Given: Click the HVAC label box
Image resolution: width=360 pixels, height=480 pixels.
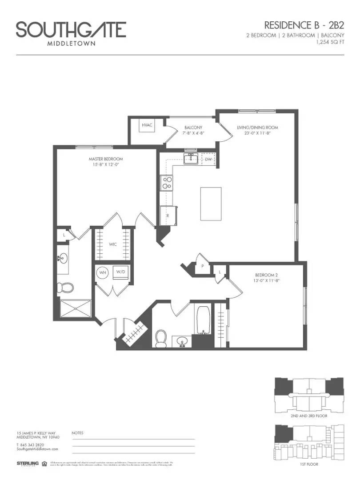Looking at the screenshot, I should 147,125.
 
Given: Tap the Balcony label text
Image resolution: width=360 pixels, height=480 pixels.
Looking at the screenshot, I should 193,128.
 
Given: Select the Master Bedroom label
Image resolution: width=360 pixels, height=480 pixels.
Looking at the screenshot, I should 105,159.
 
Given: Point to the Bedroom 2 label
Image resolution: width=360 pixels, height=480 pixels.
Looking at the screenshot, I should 267,274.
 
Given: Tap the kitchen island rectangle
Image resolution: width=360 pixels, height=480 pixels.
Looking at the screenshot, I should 211,204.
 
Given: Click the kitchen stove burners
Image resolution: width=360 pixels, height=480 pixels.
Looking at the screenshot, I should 167,183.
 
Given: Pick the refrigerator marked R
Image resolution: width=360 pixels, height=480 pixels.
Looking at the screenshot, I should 168,215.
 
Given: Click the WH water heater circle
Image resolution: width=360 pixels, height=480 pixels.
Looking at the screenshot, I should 103,272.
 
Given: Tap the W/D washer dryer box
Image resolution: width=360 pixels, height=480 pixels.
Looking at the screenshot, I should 120,272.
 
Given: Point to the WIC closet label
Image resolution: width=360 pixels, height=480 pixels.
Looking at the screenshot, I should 113,244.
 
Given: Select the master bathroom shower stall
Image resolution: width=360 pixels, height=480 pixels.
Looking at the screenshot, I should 74,310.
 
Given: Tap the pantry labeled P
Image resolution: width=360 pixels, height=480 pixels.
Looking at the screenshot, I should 202,267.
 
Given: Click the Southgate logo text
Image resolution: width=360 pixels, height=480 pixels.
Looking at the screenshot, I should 71,30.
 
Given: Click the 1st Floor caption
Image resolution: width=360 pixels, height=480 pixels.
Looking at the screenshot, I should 309,464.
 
